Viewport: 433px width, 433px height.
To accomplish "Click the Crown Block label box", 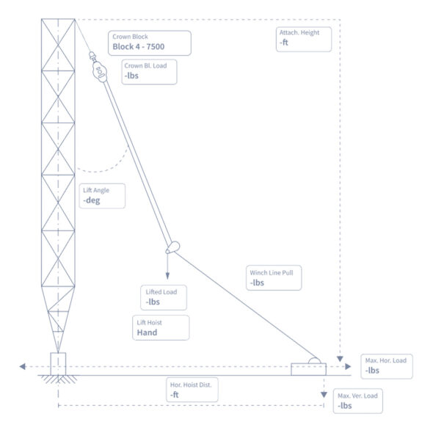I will [x=149, y=43].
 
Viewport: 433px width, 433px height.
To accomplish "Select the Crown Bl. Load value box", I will [x=149, y=71].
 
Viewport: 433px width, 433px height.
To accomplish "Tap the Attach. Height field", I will [x=303, y=39].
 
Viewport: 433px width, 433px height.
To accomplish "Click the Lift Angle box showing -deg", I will [x=101, y=195].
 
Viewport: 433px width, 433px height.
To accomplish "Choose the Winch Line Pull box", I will [x=274, y=277].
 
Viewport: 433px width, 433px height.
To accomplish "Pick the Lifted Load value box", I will [x=164, y=297].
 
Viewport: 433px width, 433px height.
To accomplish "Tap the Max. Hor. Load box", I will [x=387, y=365].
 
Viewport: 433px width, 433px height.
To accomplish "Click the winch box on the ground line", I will [x=308, y=368].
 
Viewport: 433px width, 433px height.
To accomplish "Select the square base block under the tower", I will [x=57, y=363].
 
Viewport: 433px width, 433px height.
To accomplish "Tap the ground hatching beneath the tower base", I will [x=57, y=379].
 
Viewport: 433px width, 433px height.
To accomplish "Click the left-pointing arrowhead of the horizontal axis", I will [x=23, y=365].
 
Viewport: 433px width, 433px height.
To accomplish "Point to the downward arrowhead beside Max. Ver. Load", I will [x=323, y=395].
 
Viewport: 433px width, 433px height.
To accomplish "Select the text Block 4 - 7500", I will [x=138, y=47].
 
